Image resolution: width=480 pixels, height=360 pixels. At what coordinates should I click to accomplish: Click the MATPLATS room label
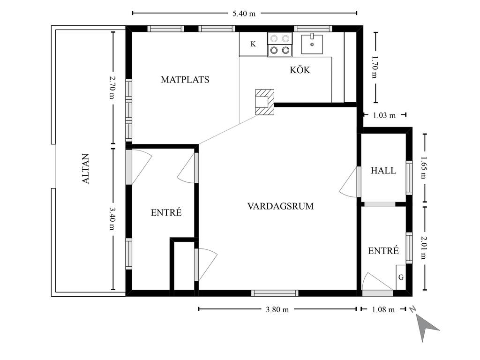coord(185,80)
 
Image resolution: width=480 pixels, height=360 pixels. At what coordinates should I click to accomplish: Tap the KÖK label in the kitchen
coord(300,70)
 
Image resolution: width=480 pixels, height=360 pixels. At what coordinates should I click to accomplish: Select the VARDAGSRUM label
coord(280,206)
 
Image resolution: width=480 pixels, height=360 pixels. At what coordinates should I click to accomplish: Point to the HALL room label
coord(383,171)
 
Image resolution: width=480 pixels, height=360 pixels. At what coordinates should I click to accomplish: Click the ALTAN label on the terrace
coord(86,169)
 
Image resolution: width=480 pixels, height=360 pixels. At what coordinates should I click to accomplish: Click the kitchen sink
coord(312,44)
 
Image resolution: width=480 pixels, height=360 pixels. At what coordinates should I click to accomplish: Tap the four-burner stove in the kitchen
coord(279,45)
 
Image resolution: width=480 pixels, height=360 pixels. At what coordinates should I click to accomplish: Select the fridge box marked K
coord(253,44)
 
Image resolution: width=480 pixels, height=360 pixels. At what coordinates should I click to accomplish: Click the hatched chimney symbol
coord(265,102)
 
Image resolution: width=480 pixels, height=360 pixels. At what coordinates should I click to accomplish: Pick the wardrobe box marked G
coord(401,277)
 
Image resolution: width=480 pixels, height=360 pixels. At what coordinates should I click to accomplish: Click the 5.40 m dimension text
coord(244,14)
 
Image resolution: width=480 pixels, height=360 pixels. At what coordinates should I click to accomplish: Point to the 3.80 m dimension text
coord(277,309)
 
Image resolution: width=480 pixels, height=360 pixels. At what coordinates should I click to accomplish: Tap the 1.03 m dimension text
coord(384,115)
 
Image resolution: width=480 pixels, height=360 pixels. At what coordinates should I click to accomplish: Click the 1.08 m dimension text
coord(383,309)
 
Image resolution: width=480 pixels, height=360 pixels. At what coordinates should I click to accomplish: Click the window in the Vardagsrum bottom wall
coord(275,293)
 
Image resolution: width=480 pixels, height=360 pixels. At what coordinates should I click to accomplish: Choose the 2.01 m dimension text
coord(424,247)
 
